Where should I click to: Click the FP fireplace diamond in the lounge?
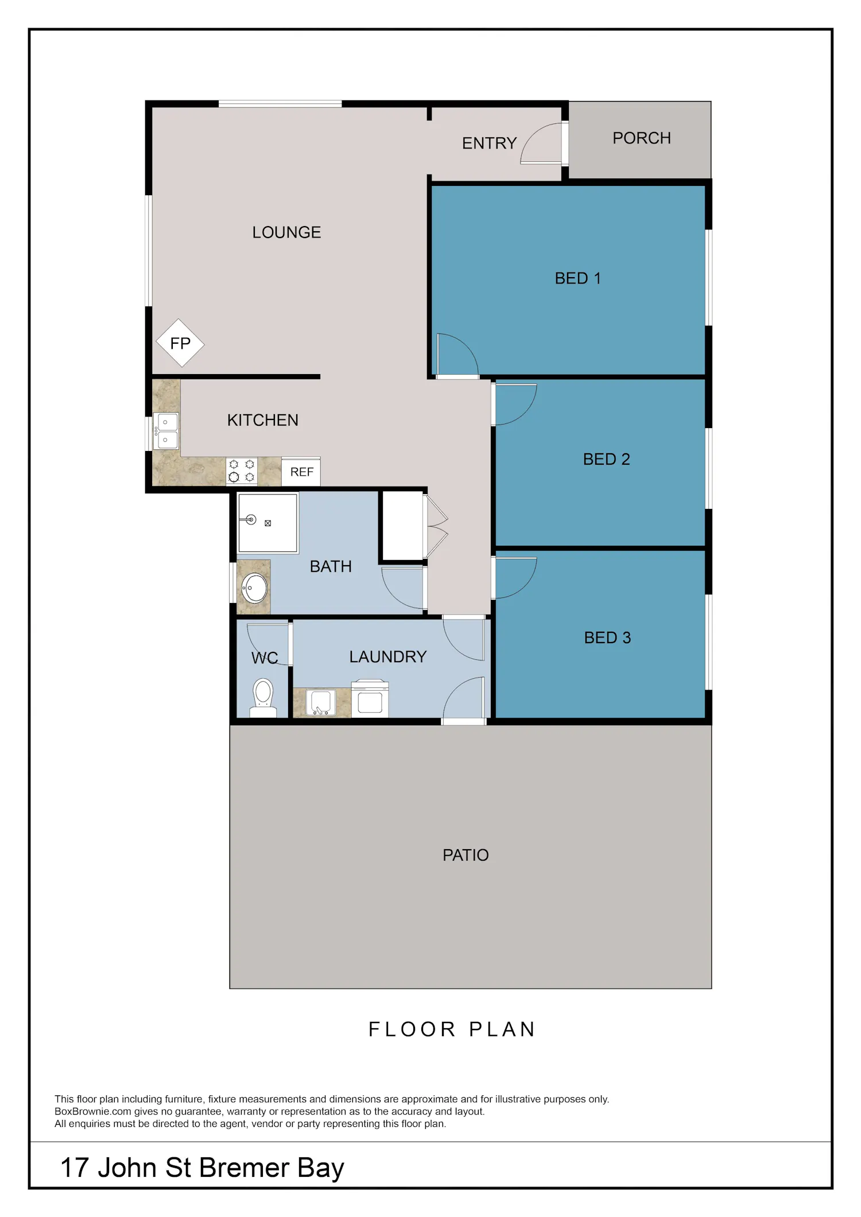tap(180, 343)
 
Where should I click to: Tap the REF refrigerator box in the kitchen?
tap(301, 472)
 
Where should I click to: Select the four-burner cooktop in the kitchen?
tap(242, 471)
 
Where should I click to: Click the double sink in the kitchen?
tap(166, 431)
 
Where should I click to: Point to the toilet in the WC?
tap(263, 697)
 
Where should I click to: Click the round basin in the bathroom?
tap(254, 588)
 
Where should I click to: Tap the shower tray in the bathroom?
tap(268, 523)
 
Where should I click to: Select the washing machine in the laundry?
tap(370, 698)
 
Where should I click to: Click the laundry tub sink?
tap(320, 703)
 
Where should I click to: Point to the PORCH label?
tap(642, 138)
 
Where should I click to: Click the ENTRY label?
tap(490, 143)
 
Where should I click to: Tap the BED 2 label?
tap(607, 459)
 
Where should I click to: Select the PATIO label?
tap(466, 855)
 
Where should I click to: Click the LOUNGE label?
tap(286, 232)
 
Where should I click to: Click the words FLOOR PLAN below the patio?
tap(452, 1029)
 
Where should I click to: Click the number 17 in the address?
tap(75, 1168)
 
